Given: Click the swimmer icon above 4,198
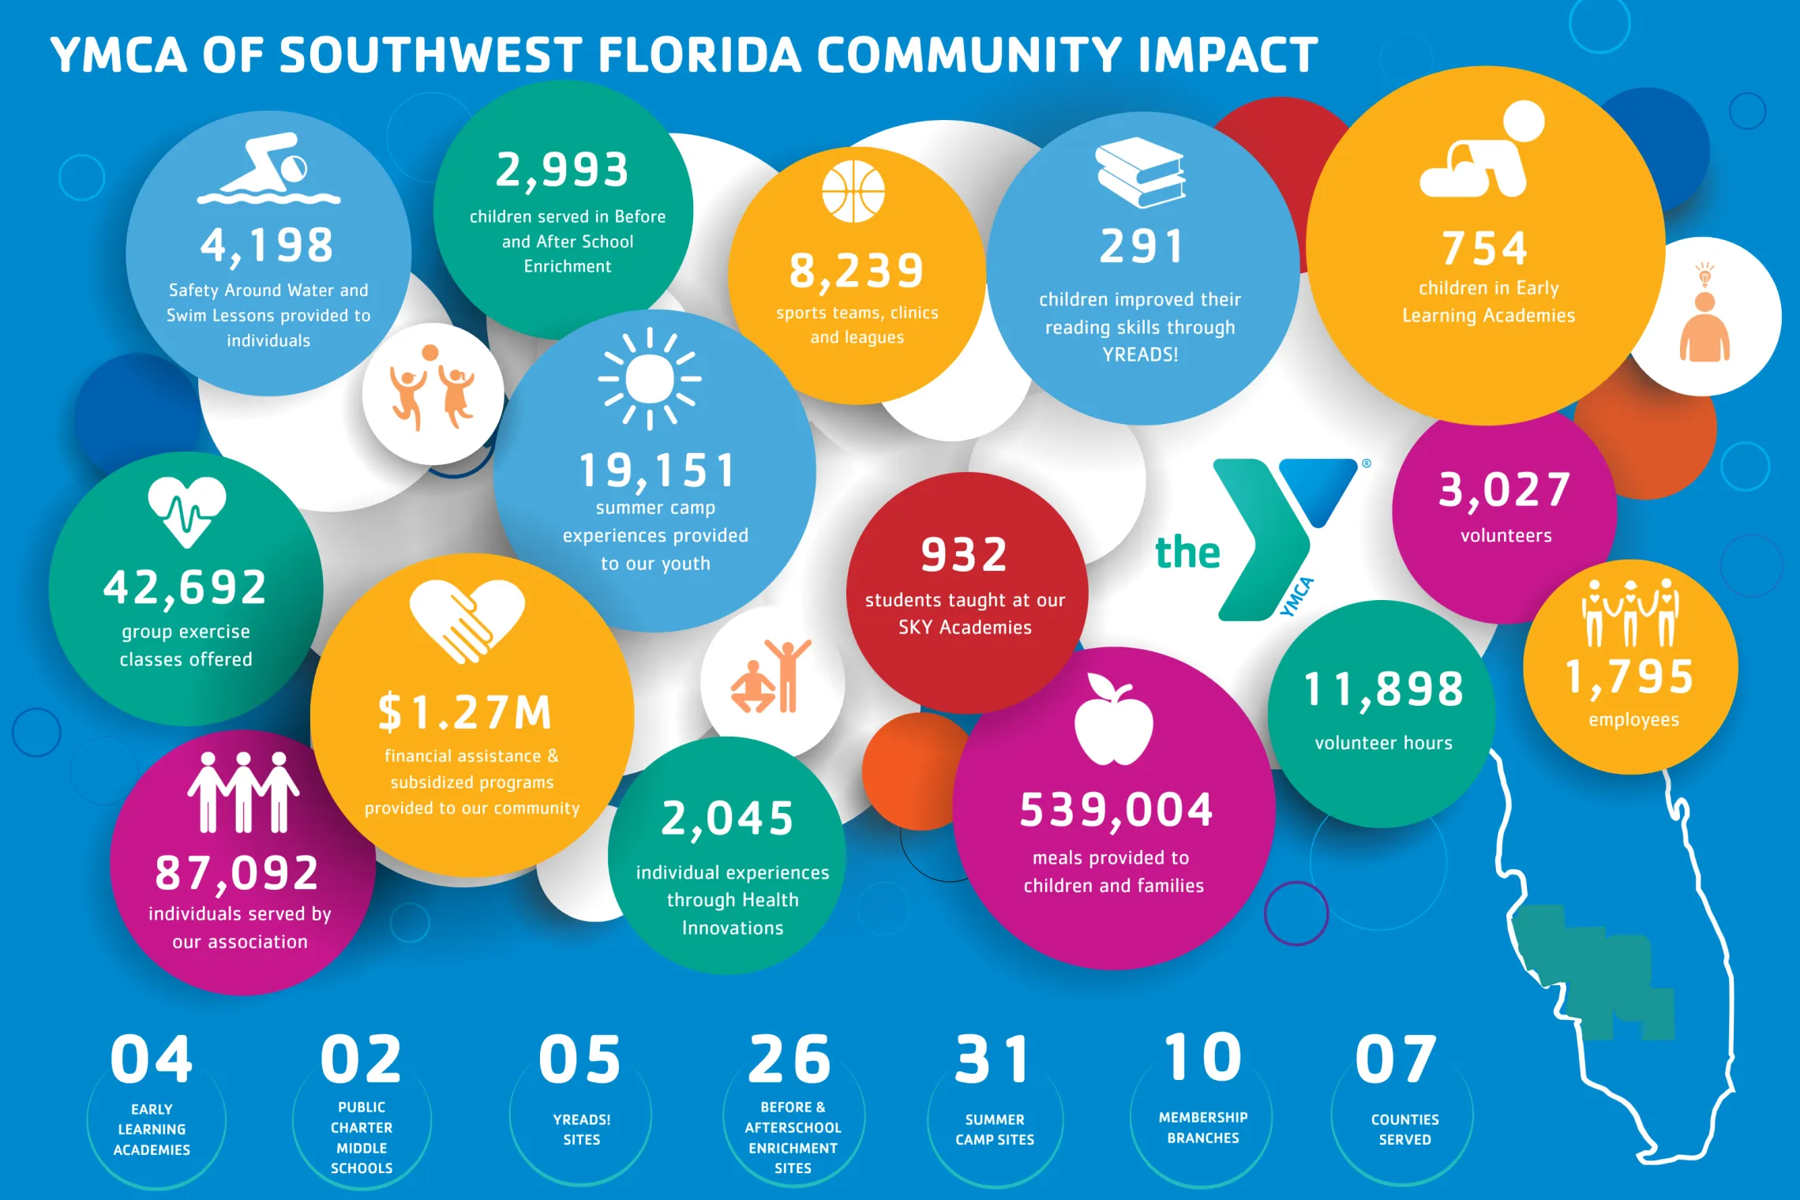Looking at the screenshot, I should [x=268, y=169].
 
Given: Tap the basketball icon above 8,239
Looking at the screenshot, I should [x=853, y=191].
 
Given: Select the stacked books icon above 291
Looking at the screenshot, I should [x=1140, y=172].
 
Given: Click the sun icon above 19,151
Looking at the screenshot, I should [x=649, y=379].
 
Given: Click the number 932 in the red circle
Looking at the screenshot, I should [x=965, y=554].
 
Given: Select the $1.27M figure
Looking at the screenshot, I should [x=465, y=712].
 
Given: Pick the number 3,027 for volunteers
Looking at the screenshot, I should [x=1505, y=489].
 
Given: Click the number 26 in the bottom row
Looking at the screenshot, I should [x=789, y=1059].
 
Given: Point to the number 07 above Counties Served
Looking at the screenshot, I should [x=1396, y=1059].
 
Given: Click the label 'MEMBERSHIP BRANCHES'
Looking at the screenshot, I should [x=1203, y=1127].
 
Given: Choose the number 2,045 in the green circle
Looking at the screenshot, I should [x=727, y=818].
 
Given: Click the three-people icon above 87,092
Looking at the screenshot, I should [x=243, y=793].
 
